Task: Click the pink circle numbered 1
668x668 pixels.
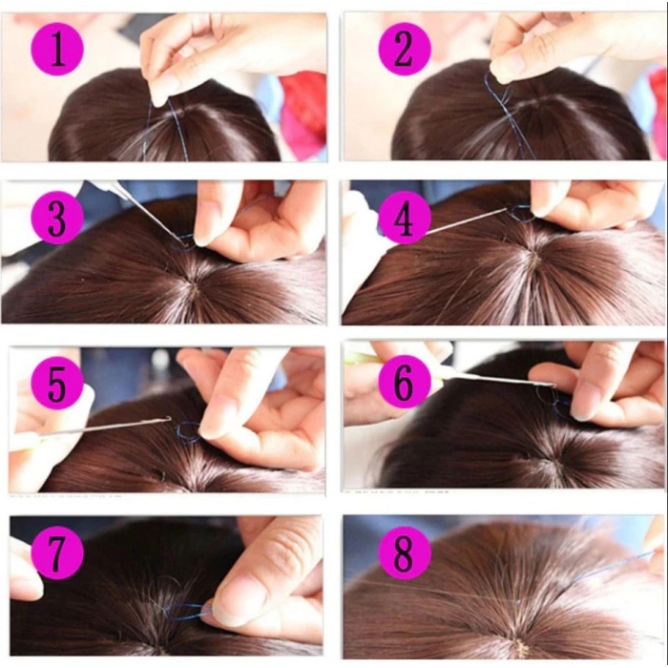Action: point(58,50)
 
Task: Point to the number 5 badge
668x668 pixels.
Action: point(57,385)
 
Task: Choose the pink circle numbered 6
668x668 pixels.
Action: point(404,386)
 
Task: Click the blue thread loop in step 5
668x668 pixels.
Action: point(188,432)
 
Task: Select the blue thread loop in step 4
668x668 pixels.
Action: point(521,213)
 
